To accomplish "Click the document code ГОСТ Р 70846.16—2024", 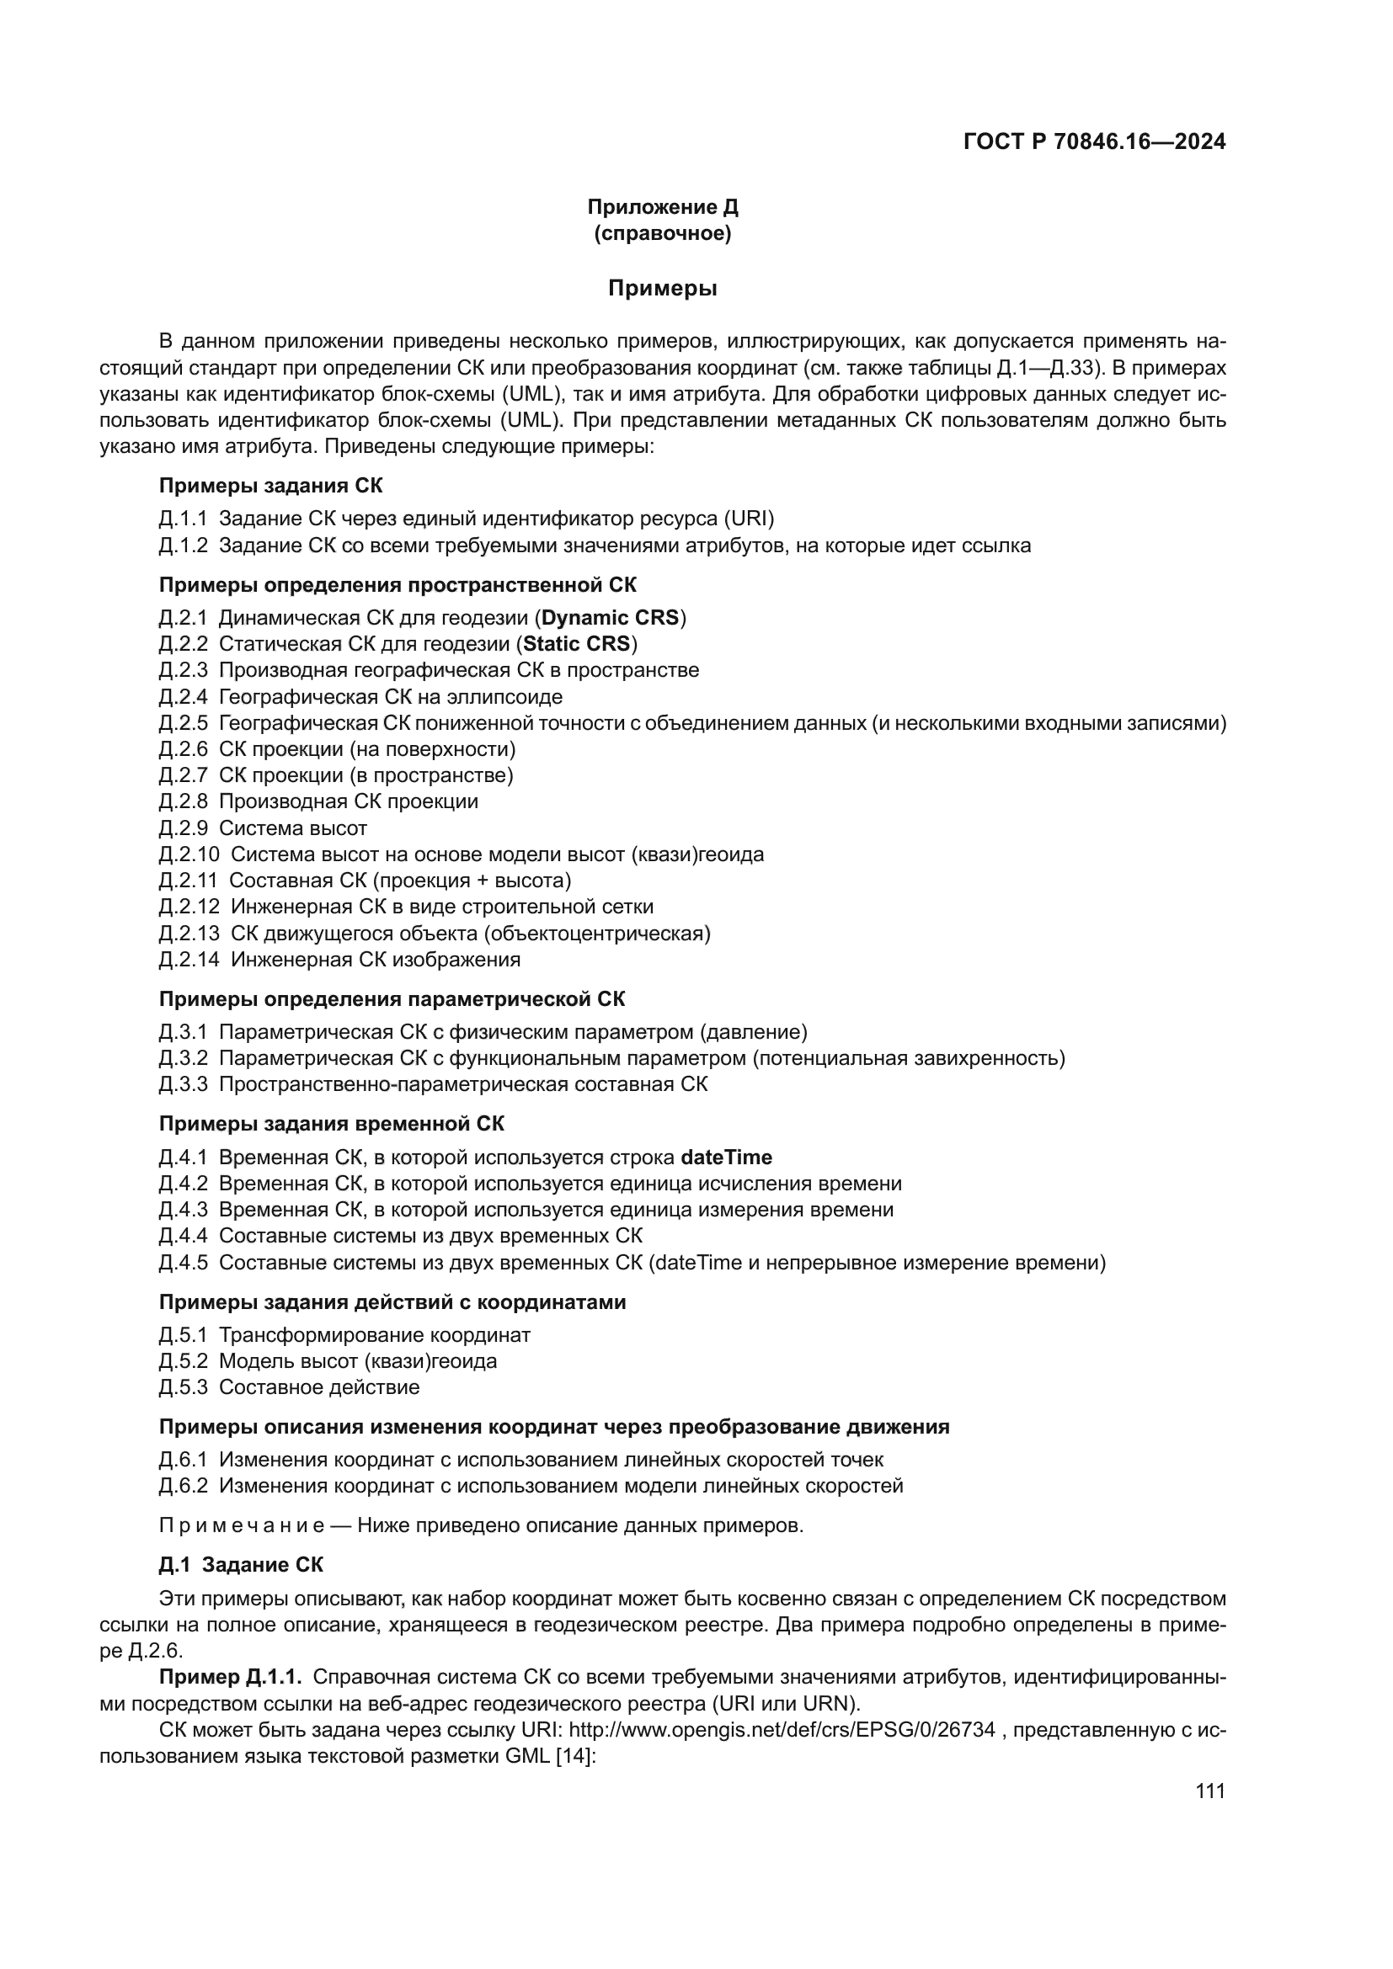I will (x=1095, y=142).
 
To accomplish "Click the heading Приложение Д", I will (x=662, y=207).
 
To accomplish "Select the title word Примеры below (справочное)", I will (x=662, y=288).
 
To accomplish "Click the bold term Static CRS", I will (x=576, y=644).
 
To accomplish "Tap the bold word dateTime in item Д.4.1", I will (x=726, y=1157).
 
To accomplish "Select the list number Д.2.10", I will (x=189, y=854).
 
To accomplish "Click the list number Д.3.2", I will (x=184, y=1058).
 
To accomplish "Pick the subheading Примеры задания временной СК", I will (x=332, y=1124).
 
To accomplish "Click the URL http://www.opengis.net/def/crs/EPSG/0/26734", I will (x=782, y=1730).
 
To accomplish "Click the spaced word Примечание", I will (x=242, y=1525).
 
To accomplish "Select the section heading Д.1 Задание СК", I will (x=241, y=1565).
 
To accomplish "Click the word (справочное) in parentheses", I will (x=662, y=233).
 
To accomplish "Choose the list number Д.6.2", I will (x=184, y=1485).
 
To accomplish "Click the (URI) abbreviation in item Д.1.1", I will (x=749, y=519).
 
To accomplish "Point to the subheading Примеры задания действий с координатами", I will (x=392, y=1301).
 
